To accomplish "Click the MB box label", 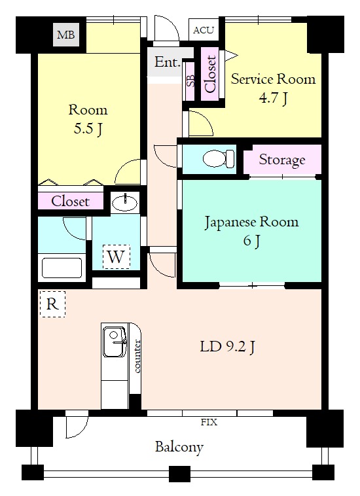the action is point(66,35).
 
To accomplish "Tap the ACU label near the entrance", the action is point(204,30).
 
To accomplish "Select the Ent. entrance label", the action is point(168,62).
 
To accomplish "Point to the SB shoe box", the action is point(190,80).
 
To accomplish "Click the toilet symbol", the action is point(219,158).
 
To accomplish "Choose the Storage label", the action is point(282,160).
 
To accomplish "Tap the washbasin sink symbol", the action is point(125,202).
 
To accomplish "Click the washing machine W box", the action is point(116,257).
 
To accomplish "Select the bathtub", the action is point(62,268).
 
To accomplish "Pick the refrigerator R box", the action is point(52,304).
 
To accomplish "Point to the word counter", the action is point(137,356).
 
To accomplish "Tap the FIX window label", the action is point(209,422).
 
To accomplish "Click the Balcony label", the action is point(179,448).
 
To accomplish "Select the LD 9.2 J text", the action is point(227,347).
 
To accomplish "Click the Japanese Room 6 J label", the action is point(251,231).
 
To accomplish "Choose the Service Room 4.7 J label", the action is point(274,88).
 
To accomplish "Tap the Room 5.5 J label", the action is point(88,119).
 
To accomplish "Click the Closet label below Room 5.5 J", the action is point(70,201).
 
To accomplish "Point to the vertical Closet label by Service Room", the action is point(211,74).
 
